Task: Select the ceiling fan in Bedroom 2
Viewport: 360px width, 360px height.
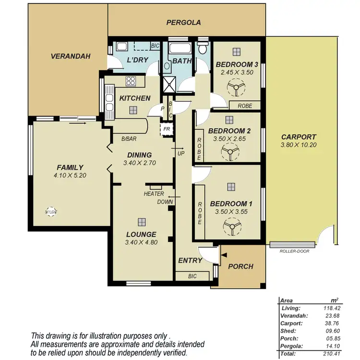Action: click(229, 153)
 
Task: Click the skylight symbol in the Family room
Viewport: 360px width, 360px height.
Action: click(49, 211)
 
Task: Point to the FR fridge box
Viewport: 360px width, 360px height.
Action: click(166, 130)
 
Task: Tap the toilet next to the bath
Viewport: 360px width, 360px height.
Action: click(204, 48)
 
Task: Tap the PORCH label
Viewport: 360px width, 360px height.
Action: click(240, 266)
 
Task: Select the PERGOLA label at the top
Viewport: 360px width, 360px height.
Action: click(183, 23)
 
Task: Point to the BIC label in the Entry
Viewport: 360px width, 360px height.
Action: click(192, 276)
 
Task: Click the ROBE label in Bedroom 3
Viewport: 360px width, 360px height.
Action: click(245, 105)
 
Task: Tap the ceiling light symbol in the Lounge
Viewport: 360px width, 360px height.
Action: click(142, 222)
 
